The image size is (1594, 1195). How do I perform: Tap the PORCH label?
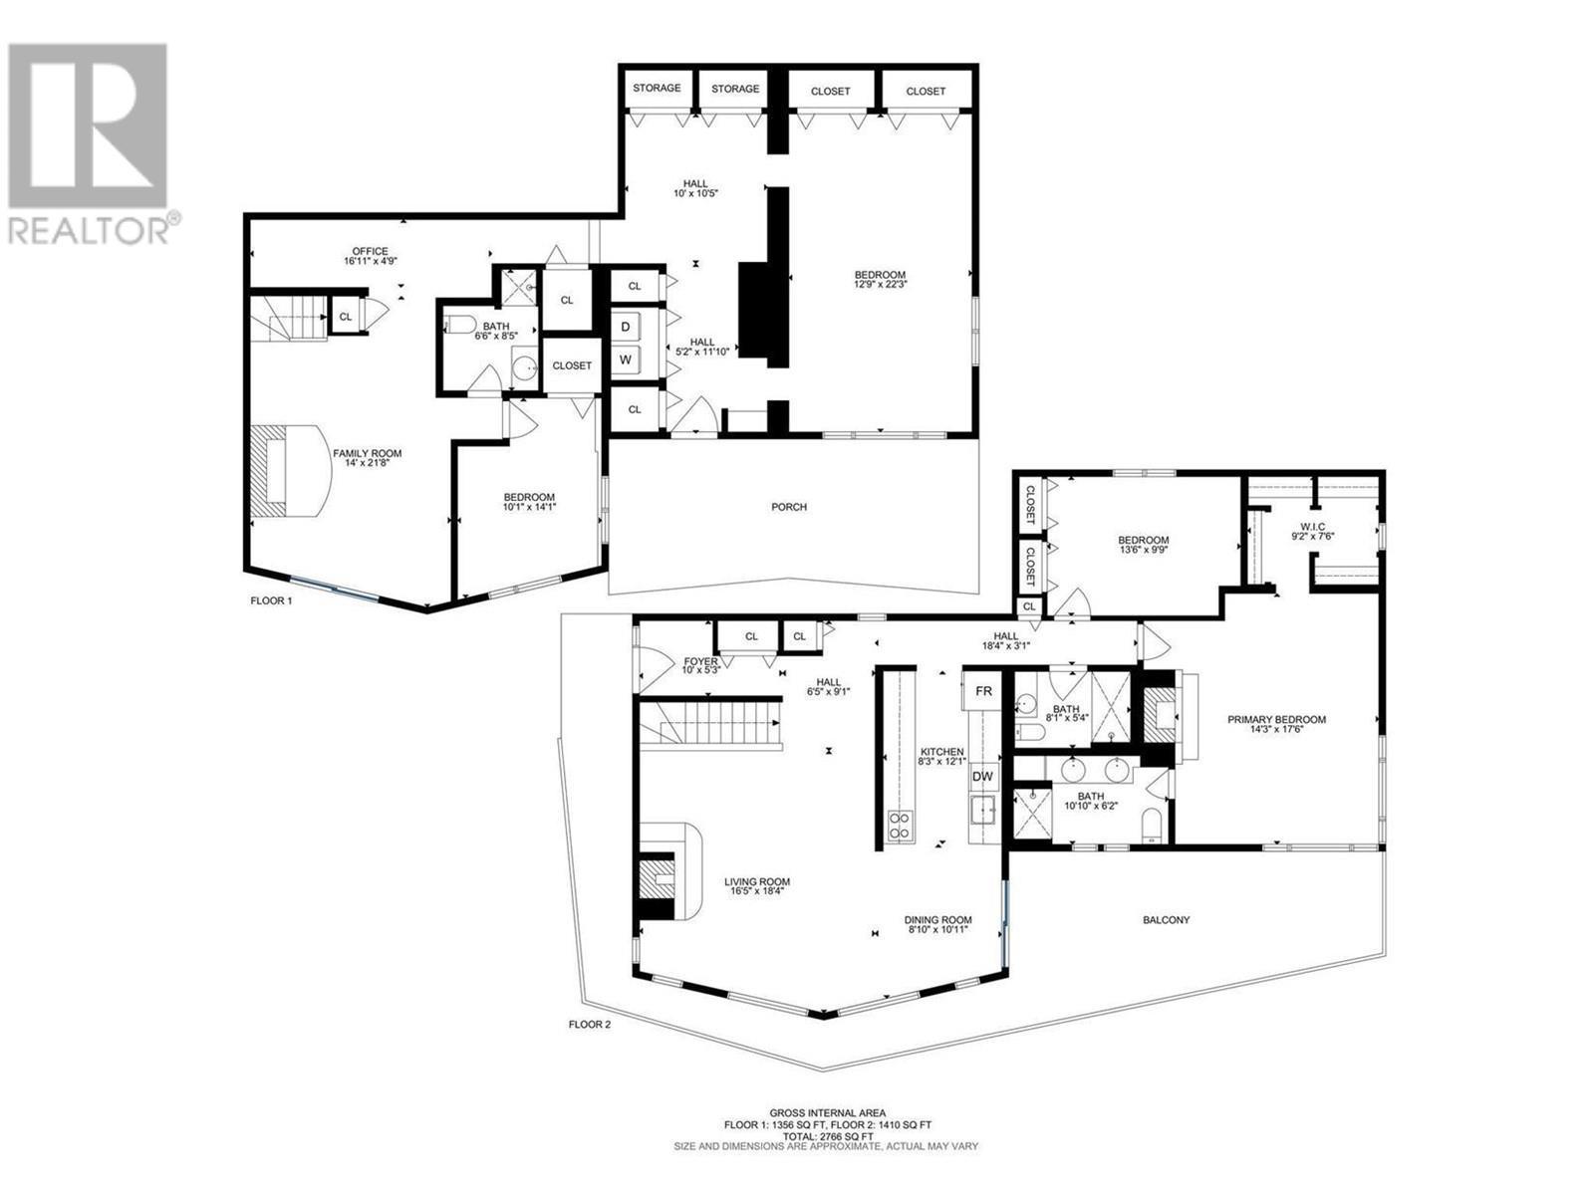point(789,507)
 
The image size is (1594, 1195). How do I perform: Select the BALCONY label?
point(1166,920)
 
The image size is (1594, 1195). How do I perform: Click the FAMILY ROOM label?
point(368,453)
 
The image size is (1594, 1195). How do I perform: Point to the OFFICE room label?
point(370,252)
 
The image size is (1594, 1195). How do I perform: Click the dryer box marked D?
point(626,327)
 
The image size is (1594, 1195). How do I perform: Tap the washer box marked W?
point(626,359)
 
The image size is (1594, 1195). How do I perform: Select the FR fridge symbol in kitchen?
point(983,690)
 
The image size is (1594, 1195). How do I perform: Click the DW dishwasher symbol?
point(982,777)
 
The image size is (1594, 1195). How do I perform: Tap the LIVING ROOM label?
point(757,882)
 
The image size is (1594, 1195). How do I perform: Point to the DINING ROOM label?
point(937,920)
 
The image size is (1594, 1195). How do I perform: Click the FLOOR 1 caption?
point(271,601)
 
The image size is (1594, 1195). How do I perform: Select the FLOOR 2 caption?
point(589,1025)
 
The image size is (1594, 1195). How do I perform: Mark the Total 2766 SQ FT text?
point(826,1135)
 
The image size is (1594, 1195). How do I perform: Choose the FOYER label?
point(700,662)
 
